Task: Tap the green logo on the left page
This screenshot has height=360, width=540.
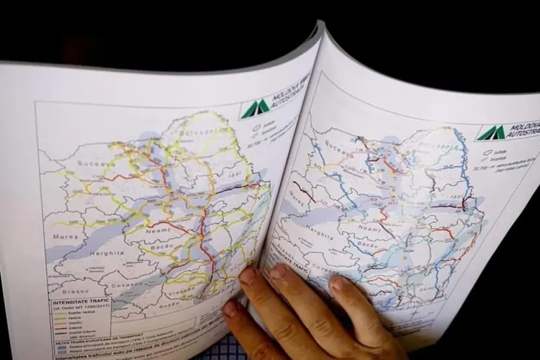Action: [x=255, y=108]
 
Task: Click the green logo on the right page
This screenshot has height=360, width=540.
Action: [x=490, y=132]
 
